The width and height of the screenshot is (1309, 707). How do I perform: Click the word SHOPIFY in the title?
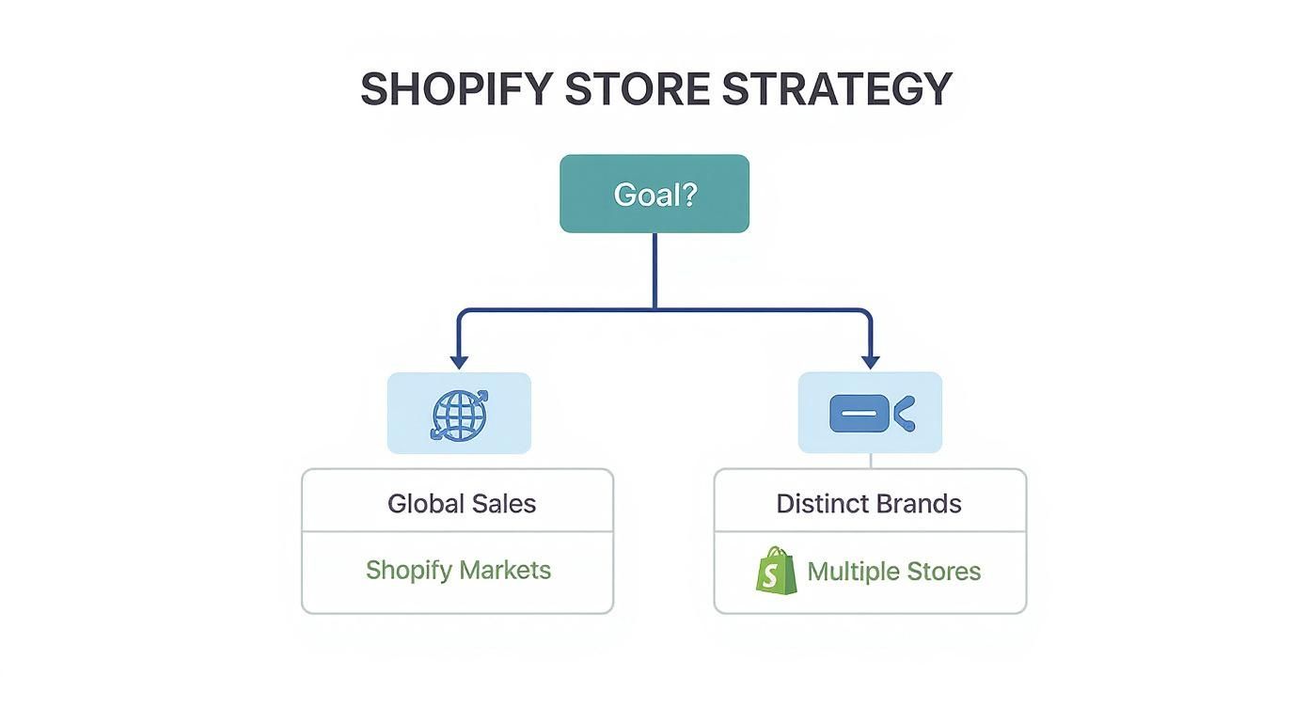455,88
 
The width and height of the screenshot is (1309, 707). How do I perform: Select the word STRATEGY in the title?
837,88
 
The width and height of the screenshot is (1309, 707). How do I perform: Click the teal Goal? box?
654,194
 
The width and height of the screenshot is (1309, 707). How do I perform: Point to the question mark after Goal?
688,194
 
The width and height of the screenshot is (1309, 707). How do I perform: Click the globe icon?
459,414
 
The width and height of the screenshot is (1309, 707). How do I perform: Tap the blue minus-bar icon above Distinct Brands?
860,414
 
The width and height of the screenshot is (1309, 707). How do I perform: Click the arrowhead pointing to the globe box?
459,361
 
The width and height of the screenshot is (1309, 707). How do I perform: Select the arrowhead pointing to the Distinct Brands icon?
871,361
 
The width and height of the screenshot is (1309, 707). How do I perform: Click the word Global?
425,503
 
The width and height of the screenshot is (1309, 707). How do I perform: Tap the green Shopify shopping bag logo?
776,571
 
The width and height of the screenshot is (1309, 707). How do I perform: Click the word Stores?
945,571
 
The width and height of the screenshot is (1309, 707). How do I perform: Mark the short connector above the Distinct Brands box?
871,461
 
